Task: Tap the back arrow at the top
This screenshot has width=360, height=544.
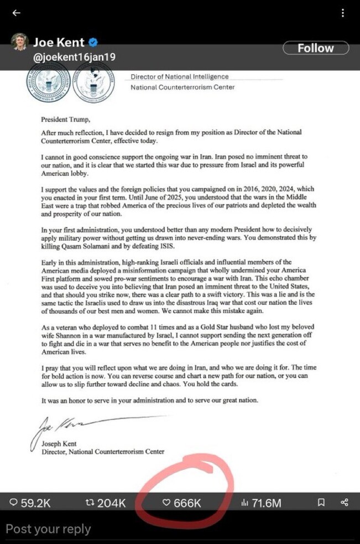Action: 16,13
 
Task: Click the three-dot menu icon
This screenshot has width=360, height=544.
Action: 343,13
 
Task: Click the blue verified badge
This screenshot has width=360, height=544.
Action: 94,43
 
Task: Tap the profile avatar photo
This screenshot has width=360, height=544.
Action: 20,43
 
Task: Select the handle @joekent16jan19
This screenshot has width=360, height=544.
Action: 75,58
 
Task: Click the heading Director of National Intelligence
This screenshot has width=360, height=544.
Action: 179,77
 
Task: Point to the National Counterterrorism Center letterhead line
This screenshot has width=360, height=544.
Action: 182,87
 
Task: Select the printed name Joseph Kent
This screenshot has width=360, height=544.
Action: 60,444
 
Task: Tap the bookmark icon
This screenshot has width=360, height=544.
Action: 320,502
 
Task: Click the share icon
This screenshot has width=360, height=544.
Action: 345,502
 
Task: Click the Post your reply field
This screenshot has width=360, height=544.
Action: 49,529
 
